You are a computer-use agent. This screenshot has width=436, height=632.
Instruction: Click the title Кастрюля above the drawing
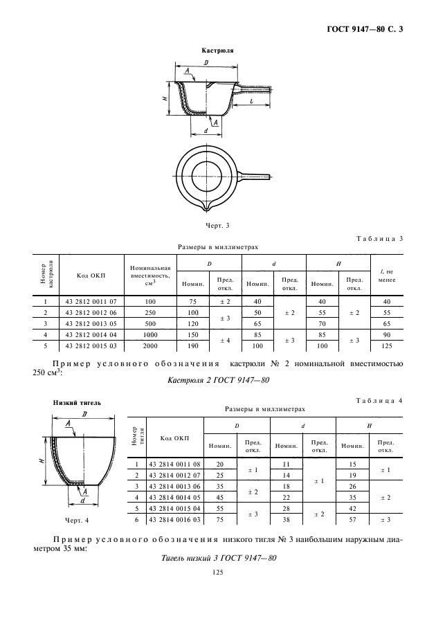tap(217, 51)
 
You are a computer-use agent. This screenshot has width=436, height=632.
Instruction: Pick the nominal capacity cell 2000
tap(150, 345)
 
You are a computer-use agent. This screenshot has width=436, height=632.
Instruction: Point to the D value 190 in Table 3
tap(192, 345)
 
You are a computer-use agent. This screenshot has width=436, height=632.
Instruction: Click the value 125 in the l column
tap(387, 345)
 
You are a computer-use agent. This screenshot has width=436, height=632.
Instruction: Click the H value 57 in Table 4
tap(352, 518)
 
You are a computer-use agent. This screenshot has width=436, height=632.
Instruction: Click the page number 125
tap(217, 572)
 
